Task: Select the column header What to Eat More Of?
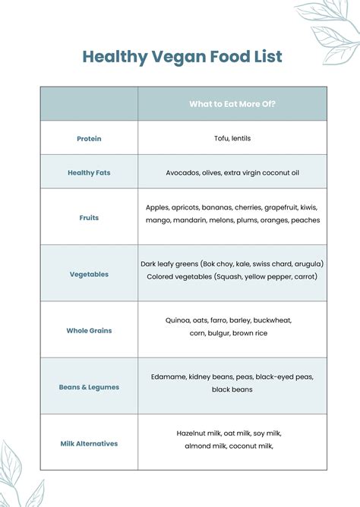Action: pos(232,104)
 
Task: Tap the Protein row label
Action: pos(89,139)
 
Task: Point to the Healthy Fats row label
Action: pos(89,173)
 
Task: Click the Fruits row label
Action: pos(89,218)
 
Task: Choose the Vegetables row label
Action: pos(89,274)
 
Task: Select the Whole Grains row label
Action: pos(89,330)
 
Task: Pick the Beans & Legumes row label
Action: pos(89,387)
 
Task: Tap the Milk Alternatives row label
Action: pos(89,443)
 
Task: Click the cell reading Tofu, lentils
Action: pos(232,138)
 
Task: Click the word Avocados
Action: pos(183,173)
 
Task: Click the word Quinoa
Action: pos(179,320)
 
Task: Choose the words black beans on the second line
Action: pos(232,389)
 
